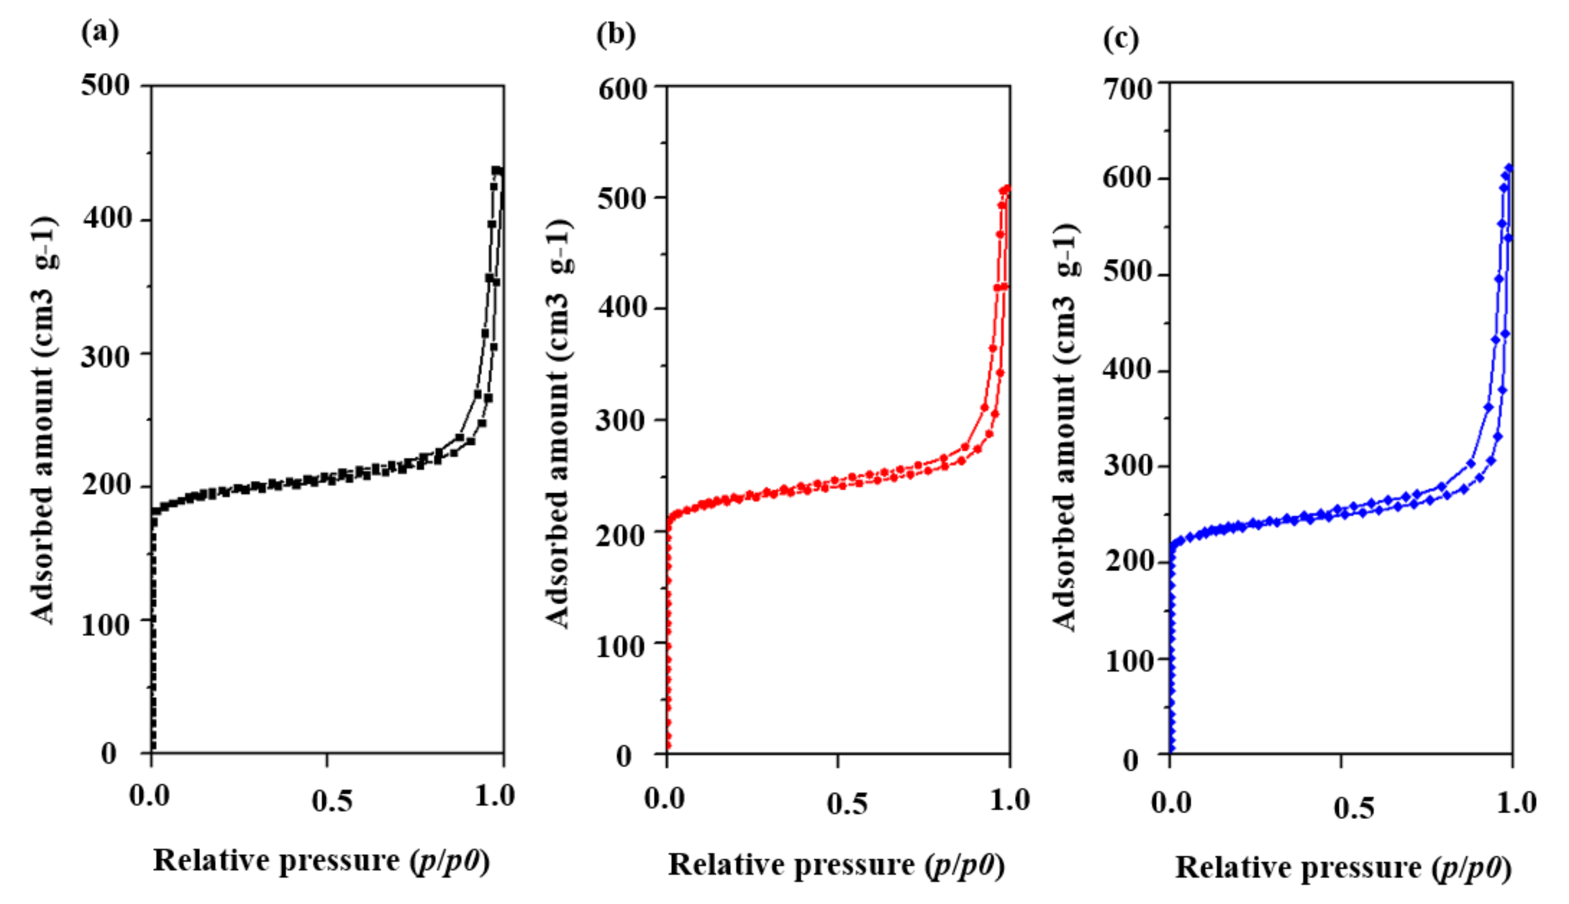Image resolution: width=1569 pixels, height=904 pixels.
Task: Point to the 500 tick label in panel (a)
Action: click(105, 85)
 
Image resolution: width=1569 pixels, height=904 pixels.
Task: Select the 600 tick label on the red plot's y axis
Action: click(622, 89)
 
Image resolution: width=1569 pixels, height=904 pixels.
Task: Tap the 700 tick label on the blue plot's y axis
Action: click(1127, 89)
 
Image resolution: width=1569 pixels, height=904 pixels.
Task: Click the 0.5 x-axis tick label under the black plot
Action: click(331, 800)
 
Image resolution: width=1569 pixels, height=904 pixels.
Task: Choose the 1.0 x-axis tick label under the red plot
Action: click(1010, 799)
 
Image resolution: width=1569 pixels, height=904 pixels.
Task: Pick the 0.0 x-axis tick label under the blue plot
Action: click(1171, 802)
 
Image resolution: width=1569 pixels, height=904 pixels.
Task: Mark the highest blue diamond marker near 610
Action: click(1509, 168)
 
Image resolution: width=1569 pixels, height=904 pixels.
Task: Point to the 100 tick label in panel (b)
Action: click(620, 646)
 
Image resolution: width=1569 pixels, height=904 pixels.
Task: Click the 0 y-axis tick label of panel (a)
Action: click(109, 753)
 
